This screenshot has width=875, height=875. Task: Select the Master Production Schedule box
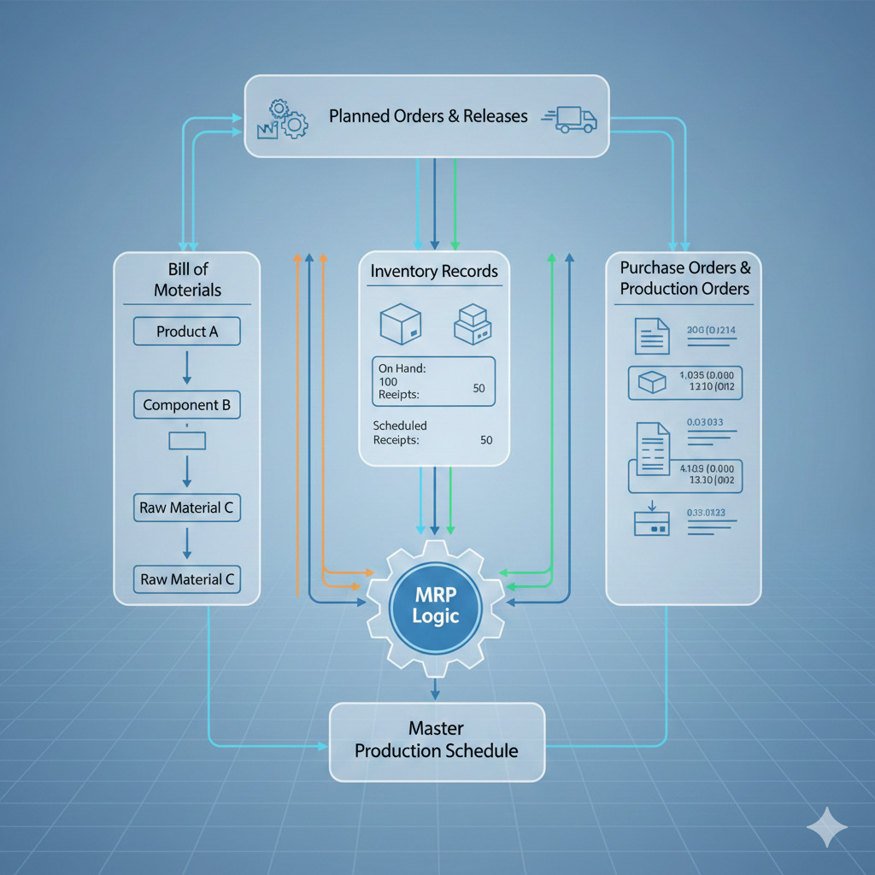[x=437, y=741]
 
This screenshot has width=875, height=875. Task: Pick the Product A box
[x=186, y=332]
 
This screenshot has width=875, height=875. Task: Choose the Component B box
[x=186, y=405]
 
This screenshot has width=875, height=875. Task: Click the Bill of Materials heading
[x=187, y=280]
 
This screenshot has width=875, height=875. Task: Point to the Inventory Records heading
[x=434, y=272]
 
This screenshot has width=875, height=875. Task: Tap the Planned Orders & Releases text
[x=428, y=116]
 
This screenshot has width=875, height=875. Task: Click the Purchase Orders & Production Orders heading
[x=684, y=279]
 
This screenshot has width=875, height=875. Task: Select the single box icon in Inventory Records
[x=400, y=326]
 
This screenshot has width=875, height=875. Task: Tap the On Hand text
[x=402, y=368]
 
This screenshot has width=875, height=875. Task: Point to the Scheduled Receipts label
[x=400, y=432]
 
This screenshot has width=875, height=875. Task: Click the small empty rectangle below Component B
[x=187, y=441]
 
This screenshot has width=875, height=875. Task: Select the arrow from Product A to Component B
[x=187, y=368]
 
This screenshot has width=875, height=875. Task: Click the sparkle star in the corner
[x=827, y=827]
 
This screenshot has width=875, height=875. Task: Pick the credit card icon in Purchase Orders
[x=651, y=523]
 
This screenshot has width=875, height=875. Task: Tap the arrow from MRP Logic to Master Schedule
[x=436, y=688]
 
